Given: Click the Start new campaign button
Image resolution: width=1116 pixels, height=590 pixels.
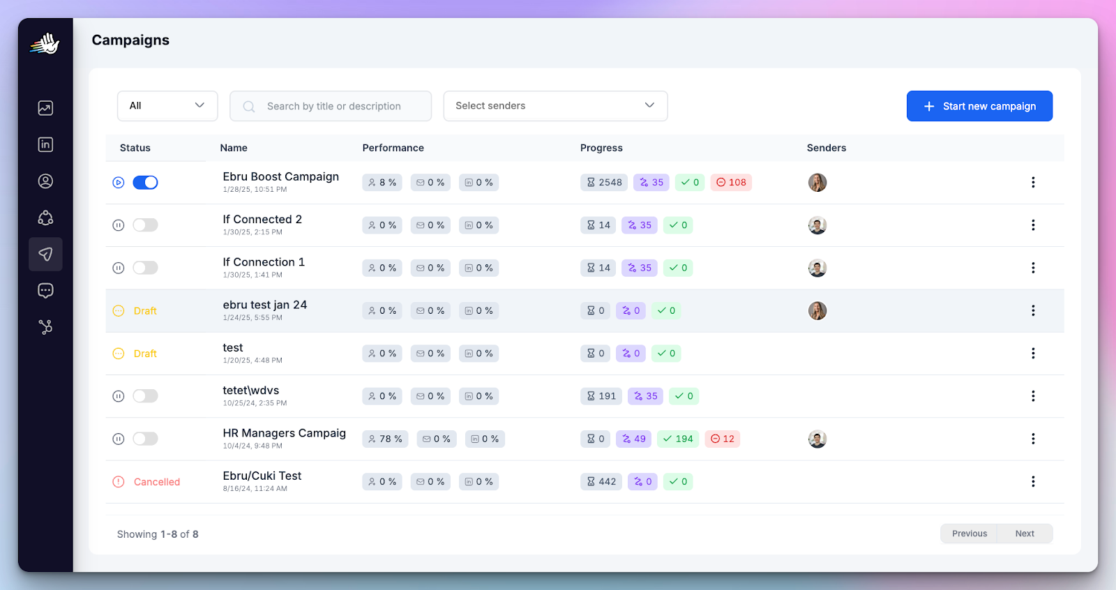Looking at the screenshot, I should (x=979, y=106).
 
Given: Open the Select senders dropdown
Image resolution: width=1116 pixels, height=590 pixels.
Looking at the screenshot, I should (x=555, y=106).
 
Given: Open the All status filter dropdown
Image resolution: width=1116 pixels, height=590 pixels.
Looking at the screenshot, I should (x=167, y=106).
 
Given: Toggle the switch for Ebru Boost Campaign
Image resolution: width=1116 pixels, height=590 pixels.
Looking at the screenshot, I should (x=145, y=183).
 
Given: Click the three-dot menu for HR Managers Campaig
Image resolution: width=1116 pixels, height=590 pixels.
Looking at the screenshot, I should (x=1033, y=439).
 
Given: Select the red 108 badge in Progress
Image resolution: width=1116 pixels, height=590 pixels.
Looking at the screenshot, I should (x=731, y=183).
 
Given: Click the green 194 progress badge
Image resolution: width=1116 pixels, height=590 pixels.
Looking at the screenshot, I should (x=677, y=439).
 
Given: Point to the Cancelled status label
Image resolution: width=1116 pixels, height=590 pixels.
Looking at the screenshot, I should (x=156, y=482).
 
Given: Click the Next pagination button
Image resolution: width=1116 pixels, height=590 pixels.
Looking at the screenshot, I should (x=1025, y=534).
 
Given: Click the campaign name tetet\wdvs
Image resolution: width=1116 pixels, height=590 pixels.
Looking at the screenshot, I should (x=250, y=391).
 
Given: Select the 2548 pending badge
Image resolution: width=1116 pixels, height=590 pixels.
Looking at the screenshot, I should (x=604, y=183).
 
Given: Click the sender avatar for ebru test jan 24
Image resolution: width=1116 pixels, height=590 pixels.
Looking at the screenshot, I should (x=817, y=311).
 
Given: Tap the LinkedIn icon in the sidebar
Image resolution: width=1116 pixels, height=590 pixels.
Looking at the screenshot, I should (x=45, y=144).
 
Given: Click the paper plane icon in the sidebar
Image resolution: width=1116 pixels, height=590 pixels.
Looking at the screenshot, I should (x=45, y=254).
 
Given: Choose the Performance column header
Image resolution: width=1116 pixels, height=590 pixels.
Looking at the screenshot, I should (x=393, y=148).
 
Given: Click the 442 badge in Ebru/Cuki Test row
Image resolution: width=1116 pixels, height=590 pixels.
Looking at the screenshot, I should (x=601, y=482).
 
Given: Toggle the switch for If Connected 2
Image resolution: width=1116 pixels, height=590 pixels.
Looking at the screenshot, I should (x=145, y=225).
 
